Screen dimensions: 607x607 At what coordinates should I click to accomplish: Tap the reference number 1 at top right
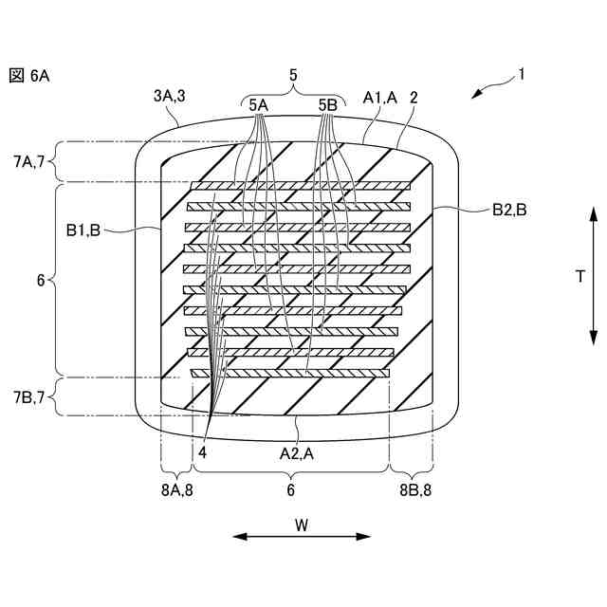520,73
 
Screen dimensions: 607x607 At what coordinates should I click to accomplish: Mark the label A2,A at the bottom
299,453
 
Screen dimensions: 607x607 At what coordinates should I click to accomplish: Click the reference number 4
202,453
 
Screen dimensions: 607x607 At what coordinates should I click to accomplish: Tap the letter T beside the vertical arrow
579,276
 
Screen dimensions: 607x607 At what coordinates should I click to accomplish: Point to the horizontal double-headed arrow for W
302,537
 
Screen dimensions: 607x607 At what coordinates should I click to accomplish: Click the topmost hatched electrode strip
302,186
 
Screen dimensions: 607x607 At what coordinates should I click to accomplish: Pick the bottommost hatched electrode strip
290,374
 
